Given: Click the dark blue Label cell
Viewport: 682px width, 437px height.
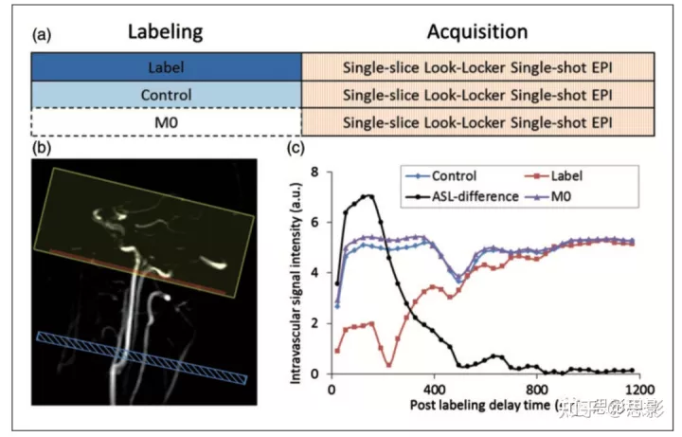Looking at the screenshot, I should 166,68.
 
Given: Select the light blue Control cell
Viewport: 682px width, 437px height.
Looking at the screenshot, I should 166,95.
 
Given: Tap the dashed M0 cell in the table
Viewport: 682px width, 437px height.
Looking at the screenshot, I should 166,122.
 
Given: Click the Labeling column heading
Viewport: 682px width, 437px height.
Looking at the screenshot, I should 166,32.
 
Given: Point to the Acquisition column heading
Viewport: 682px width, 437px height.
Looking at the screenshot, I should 476,32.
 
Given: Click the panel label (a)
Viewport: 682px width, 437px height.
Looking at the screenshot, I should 41,35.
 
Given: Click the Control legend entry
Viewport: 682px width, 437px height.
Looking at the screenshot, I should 441,175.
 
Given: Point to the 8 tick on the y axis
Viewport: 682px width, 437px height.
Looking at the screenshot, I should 319,173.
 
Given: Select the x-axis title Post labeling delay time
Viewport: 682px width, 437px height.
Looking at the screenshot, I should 483,406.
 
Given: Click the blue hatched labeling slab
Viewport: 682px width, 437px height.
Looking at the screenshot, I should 142,356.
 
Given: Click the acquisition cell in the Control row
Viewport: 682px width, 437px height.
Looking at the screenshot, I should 476,95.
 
